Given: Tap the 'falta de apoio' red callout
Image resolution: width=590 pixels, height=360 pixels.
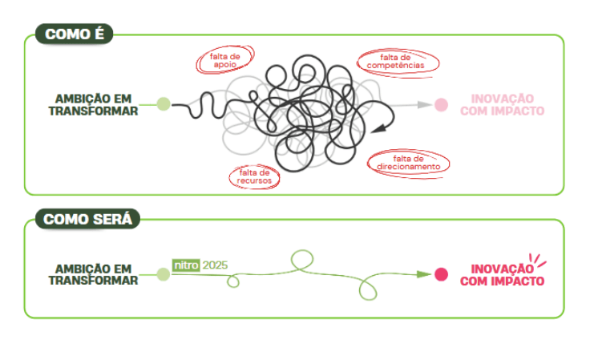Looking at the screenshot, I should tap(225, 59).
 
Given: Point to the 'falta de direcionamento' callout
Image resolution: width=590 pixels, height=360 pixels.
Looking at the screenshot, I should tap(408, 162).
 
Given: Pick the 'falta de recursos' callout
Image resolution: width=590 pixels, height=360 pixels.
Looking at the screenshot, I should tap(254, 176).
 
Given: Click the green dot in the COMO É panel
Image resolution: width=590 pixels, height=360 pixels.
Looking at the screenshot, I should tap(164, 103).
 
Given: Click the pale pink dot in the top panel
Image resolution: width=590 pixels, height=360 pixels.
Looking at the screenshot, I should tap(441, 104).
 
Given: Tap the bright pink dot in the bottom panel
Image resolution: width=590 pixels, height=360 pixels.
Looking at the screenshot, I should tap(441, 275).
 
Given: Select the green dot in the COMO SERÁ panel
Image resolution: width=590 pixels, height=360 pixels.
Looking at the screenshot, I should tap(164, 275).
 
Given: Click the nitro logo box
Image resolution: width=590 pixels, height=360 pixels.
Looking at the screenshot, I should tap(186, 265).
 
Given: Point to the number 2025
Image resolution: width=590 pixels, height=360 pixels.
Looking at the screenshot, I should tap(215, 265).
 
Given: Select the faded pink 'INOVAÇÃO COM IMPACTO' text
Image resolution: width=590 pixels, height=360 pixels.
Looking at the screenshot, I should tap(502, 105).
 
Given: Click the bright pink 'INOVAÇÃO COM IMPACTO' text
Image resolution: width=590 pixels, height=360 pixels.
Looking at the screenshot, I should tap(507, 275).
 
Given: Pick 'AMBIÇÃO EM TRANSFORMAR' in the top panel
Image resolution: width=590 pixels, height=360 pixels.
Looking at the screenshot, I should tap(93, 105).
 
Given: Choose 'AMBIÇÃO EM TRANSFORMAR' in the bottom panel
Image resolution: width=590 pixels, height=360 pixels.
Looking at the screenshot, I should tap(93, 275).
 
